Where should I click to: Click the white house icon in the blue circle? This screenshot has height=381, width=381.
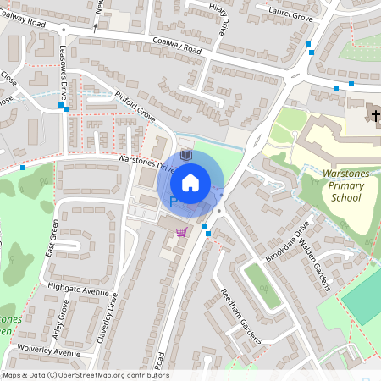click(x=190, y=182)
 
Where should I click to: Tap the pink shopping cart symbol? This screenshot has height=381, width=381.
click(x=181, y=231)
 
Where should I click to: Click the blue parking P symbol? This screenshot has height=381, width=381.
click(x=174, y=202)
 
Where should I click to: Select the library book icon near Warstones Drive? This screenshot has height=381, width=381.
click(x=187, y=157)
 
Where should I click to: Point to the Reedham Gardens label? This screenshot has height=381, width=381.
click(x=236, y=314)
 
